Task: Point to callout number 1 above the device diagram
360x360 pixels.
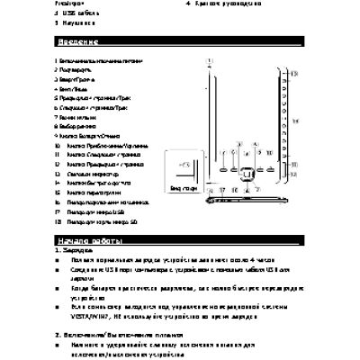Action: pyautogui.click(x=210, y=60)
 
